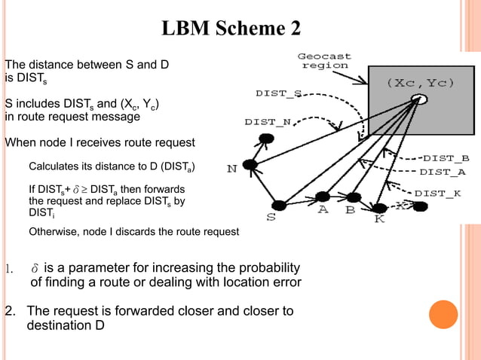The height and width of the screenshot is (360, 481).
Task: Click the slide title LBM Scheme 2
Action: coord(232,29)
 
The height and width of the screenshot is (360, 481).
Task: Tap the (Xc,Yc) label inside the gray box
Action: coord(421,82)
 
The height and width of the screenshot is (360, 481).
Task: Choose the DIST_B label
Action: coord(446,158)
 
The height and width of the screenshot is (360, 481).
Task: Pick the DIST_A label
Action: coord(443,172)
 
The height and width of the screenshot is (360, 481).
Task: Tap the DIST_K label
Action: coord(437,194)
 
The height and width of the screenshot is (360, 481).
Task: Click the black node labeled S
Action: coord(279,205)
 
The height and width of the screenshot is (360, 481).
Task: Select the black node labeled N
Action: coord(251,164)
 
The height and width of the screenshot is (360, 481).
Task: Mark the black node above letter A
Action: coord(323,197)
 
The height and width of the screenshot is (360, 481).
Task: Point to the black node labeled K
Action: coord(380,207)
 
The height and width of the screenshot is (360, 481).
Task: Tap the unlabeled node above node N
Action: coord(266,139)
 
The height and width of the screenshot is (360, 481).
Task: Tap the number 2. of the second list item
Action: coord(11,311)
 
